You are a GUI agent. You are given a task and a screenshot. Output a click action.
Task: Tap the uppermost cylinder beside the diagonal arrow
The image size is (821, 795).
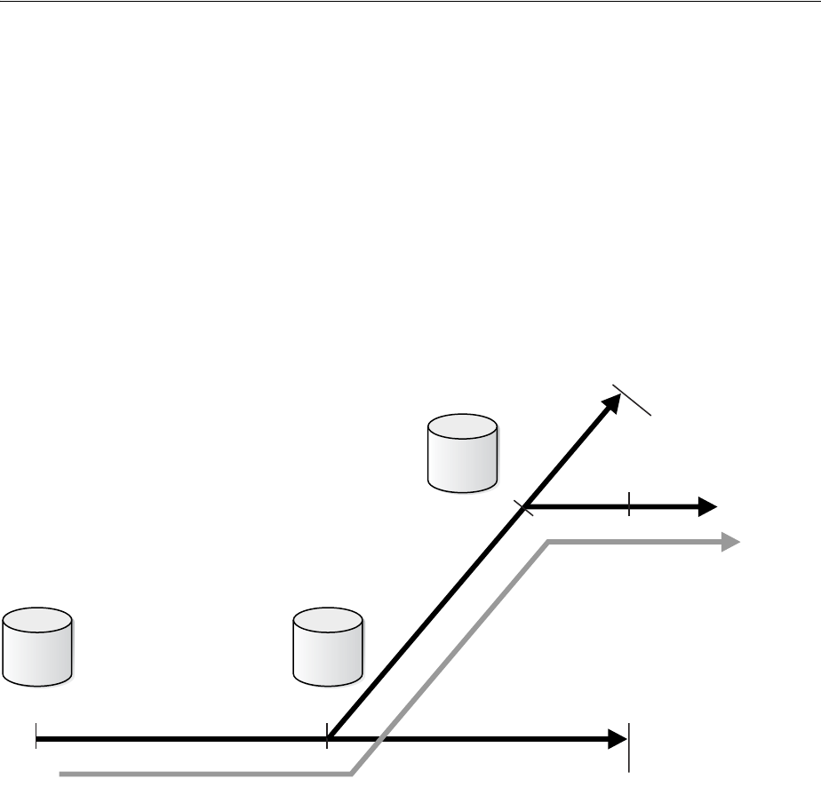point(462,453)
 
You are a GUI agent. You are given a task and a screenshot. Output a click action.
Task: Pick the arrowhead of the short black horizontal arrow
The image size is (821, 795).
point(707,507)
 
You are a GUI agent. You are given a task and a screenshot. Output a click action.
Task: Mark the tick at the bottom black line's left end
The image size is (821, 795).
point(36,737)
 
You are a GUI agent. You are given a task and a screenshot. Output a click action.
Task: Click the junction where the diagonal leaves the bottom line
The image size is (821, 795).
point(328,737)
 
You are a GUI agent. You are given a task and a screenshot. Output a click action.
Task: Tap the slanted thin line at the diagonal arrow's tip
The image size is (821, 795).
point(634,400)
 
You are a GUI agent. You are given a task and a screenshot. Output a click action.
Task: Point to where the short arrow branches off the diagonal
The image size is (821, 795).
point(524,507)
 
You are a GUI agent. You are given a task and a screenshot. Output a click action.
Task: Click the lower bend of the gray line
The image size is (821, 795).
point(354,774)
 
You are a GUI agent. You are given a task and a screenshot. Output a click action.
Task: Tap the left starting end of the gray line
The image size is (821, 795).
point(60,774)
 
